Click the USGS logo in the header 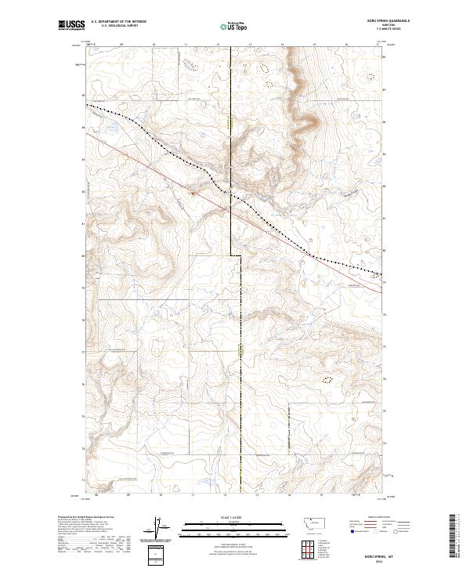(x=71, y=25)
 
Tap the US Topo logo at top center (x=234, y=27)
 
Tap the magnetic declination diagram (x=157, y=527)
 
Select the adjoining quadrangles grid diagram (x=309, y=545)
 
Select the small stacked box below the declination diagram (x=157, y=552)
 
